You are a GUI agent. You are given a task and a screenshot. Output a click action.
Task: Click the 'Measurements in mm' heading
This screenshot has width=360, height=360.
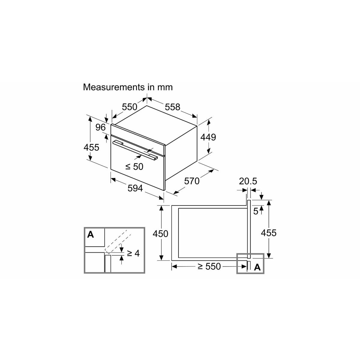[128, 87]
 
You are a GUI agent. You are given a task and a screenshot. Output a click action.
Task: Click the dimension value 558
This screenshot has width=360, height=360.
[172, 107]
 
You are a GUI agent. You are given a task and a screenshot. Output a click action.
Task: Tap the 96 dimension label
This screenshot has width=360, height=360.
[100, 127]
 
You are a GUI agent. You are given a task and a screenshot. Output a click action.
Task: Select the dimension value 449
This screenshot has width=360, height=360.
[208, 137]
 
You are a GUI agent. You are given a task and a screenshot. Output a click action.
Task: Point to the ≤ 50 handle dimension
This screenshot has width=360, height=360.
[134, 166]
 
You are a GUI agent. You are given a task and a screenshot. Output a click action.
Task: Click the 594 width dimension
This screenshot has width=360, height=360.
[135, 188]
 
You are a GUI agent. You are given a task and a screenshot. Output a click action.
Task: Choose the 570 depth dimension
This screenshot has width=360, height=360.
[192, 181]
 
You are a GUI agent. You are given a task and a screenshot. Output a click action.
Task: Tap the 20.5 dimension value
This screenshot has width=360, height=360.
[248, 181]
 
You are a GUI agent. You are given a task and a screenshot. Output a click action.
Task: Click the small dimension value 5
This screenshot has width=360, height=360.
[256, 211]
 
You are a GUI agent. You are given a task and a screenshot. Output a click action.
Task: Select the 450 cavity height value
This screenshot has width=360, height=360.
[160, 234]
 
